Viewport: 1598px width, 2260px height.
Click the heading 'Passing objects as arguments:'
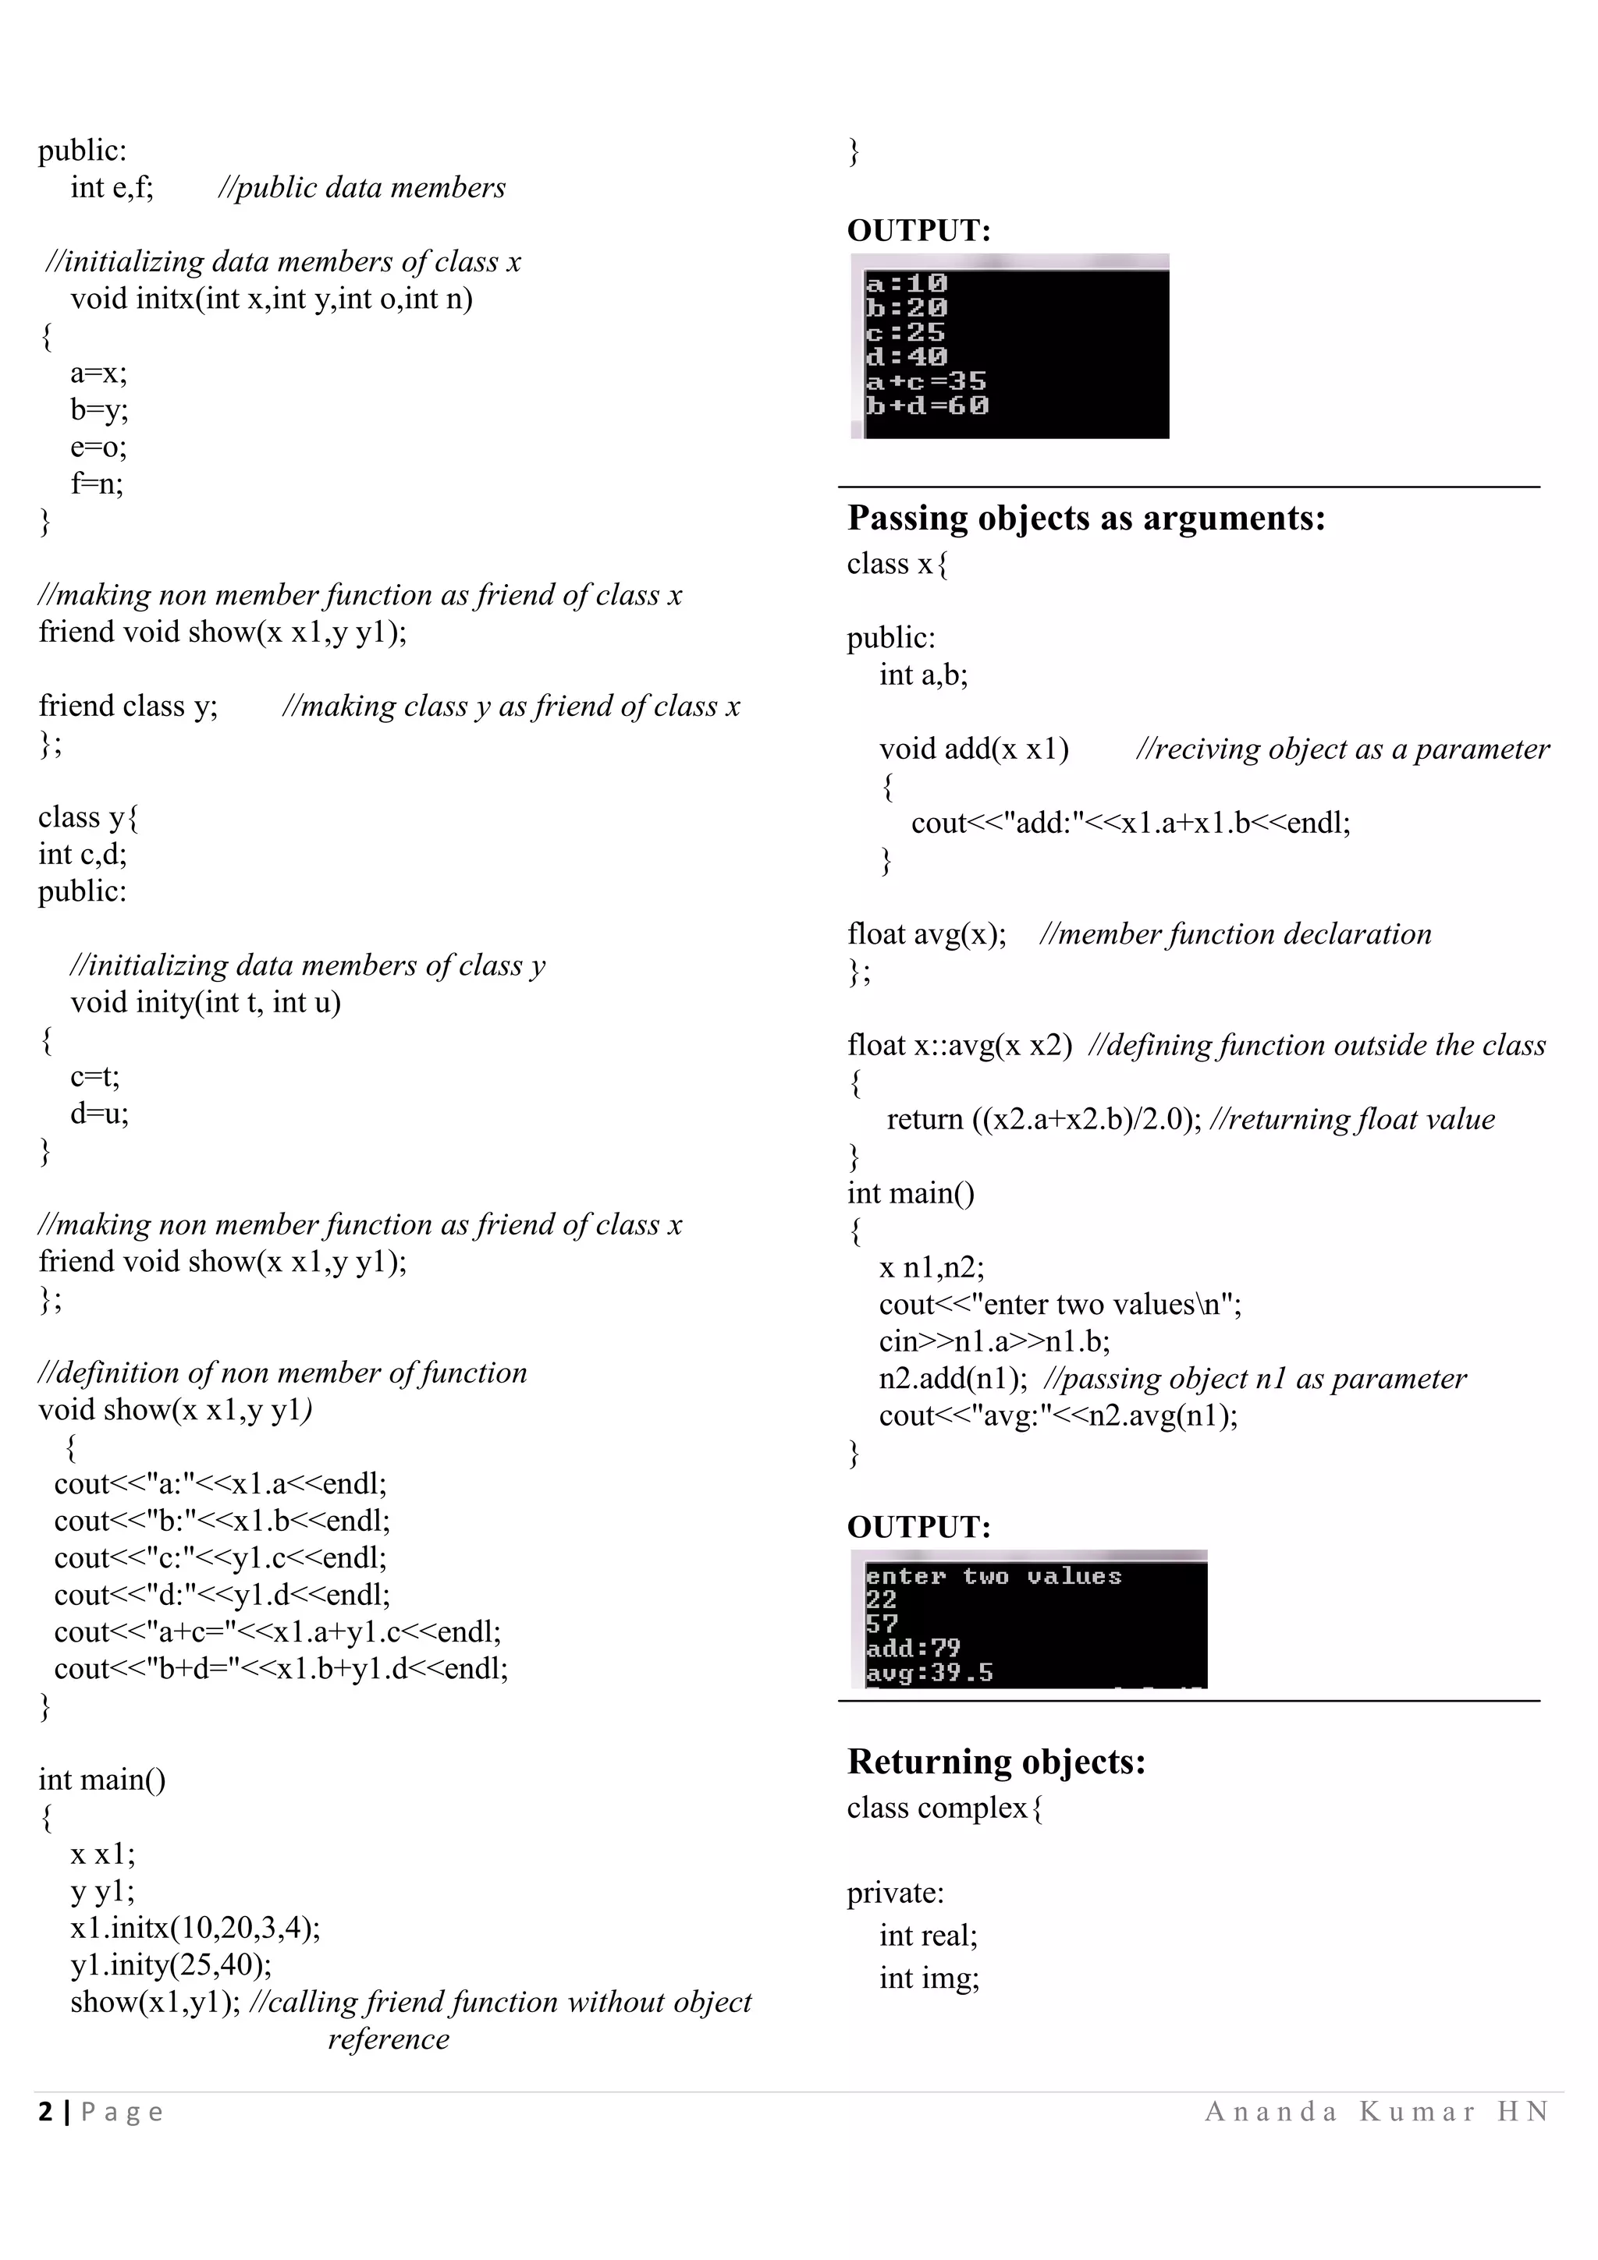[x=1085, y=519]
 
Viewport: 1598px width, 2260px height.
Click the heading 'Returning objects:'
[x=996, y=1762]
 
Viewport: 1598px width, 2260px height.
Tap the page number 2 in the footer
[x=45, y=2113]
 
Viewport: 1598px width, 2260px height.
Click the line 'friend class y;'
[x=128, y=706]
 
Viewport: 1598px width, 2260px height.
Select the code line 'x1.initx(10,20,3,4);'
[x=195, y=1927]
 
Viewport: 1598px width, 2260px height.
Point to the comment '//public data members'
[x=361, y=187]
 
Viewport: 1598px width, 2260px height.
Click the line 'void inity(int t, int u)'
[x=204, y=1003]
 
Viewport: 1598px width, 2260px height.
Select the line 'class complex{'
[x=944, y=1808]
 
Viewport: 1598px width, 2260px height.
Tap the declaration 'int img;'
[x=929, y=1978]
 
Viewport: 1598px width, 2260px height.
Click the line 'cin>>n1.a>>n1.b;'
[x=993, y=1341]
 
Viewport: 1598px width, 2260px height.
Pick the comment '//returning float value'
[x=1351, y=1119]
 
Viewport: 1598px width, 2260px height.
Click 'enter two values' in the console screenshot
[x=993, y=1577]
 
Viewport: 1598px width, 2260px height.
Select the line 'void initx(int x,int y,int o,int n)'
[x=271, y=298]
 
